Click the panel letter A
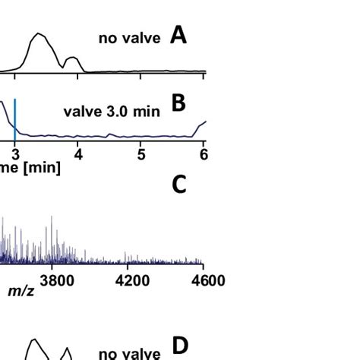pyautogui.click(x=178, y=34)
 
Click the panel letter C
pyautogui.click(x=178, y=185)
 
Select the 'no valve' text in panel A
pyautogui.click(x=130, y=38)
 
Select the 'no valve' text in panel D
pyautogui.click(x=130, y=353)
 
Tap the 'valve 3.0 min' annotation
pyautogui.click(x=112, y=112)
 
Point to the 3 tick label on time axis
pyautogui.click(x=14, y=154)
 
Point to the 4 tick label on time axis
pyautogui.click(x=78, y=154)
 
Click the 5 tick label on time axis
pyautogui.click(x=141, y=154)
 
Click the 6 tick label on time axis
pyautogui.click(x=203, y=154)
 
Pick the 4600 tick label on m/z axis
pyautogui.click(x=207, y=280)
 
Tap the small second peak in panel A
pyautogui.click(x=72, y=58)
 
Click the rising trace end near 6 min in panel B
pyautogui.click(x=203, y=123)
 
